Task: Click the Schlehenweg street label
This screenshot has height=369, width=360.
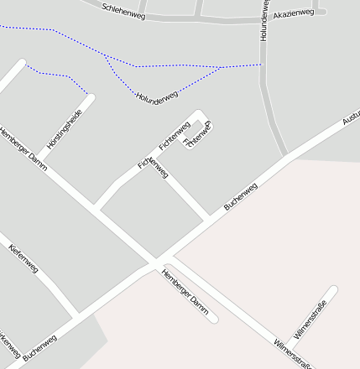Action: pyautogui.click(x=123, y=11)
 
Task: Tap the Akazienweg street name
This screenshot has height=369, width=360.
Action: pyautogui.click(x=294, y=13)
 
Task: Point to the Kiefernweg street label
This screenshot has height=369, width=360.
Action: pyautogui.click(x=23, y=260)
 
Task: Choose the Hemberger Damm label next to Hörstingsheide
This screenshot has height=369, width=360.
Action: pyautogui.click(x=23, y=150)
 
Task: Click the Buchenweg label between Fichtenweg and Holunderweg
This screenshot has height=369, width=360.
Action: pyautogui.click(x=240, y=195)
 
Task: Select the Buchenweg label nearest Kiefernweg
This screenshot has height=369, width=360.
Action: pyautogui.click(x=40, y=348)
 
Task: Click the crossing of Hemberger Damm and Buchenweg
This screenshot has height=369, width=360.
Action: pyautogui.click(x=159, y=262)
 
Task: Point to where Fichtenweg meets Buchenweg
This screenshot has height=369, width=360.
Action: pyautogui.click(x=209, y=221)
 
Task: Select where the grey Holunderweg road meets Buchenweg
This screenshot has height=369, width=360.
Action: pyautogui.click(x=287, y=156)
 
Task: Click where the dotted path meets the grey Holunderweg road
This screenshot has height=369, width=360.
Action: pyautogui.click(x=262, y=64)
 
